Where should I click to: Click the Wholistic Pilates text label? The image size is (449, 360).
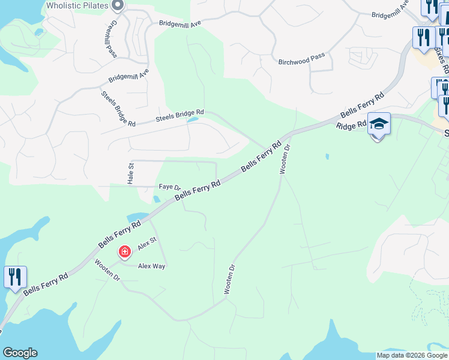(77, 6)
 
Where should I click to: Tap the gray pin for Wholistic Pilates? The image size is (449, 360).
(118, 6)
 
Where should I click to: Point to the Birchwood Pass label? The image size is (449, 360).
(301, 59)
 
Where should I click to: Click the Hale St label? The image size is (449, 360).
(130, 173)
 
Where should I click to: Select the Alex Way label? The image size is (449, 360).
(151, 266)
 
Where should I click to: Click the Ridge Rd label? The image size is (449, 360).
(351, 125)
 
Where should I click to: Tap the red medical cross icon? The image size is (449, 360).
(125, 252)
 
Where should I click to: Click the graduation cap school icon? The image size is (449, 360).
(379, 124)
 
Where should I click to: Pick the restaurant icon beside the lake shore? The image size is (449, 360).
(15, 277)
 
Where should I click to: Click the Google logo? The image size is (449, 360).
(20, 353)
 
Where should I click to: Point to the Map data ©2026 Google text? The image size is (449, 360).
(412, 355)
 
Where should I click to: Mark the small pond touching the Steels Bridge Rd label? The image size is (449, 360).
(193, 119)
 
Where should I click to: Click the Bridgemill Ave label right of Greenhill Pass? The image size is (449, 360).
(180, 23)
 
